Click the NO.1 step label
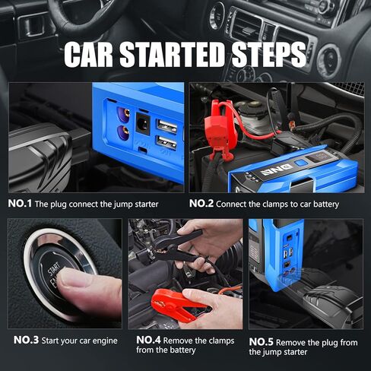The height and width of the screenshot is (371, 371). coord(20,204)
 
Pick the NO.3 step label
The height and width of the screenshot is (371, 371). coord(20,340)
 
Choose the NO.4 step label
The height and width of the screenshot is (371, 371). coord(149,340)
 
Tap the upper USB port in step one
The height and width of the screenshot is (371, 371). coord(165,125)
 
